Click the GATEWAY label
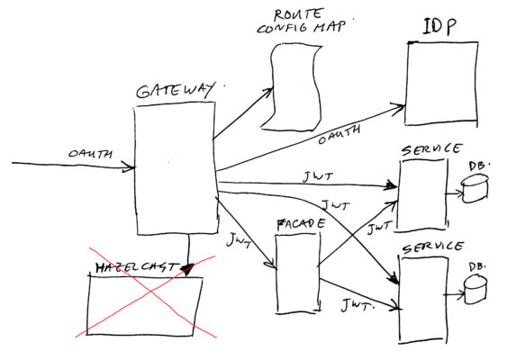(175, 90)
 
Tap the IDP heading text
(439, 27)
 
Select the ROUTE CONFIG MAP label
(301, 21)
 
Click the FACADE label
(301, 225)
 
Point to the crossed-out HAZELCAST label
(136, 268)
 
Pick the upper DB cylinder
(475, 189)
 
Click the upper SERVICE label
(431, 149)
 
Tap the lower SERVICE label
(433, 247)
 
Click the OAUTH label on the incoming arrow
(90, 154)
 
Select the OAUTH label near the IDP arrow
(339, 134)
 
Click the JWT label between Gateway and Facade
(239, 240)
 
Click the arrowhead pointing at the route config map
(268, 92)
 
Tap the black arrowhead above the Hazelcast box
(188, 270)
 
